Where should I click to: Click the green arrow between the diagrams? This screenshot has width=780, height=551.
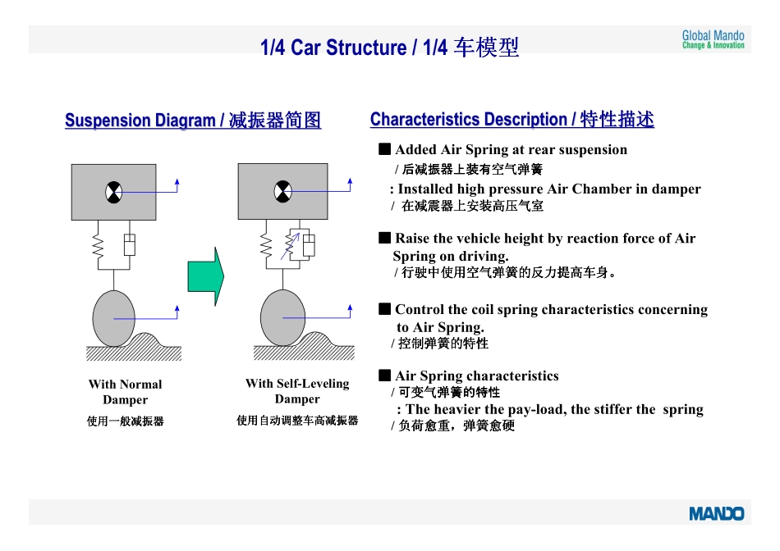pyautogui.click(x=206, y=276)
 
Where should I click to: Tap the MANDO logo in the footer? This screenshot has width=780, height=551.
pyautogui.click(x=716, y=514)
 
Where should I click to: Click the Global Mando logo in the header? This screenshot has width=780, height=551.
pyautogui.click(x=713, y=39)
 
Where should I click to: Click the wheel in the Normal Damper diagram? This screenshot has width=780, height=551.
pyautogui.click(x=114, y=318)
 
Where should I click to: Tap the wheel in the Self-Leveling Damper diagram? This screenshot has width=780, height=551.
pyautogui.click(x=283, y=317)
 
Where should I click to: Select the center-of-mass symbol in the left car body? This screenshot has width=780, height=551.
pyautogui.click(x=114, y=193)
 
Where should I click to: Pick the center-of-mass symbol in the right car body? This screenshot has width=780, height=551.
pyautogui.click(x=283, y=192)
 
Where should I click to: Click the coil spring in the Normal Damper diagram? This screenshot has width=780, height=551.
pyautogui.click(x=98, y=245)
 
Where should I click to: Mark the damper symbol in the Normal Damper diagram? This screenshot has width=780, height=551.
pyautogui.click(x=130, y=244)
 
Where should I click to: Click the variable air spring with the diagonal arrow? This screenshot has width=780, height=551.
pyautogui.click(x=291, y=245)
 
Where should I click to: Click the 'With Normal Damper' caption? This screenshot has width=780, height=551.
pyautogui.click(x=126, y=392)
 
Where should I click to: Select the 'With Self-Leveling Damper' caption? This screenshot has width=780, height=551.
pyautogui.click(x=297, y=391)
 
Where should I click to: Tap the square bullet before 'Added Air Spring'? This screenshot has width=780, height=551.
pyautogui.click(x=384, y=149)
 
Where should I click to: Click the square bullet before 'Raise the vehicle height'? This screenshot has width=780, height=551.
pyautogui.click(x=384, y=238)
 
